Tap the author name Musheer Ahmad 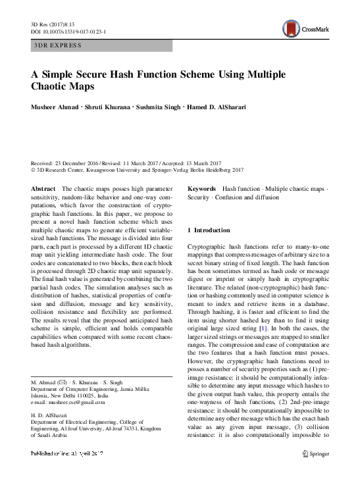[58, 106]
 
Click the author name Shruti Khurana [118, 106]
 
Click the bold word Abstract [43, 189]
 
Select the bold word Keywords [203, 189]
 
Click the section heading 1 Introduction [209, 230]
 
